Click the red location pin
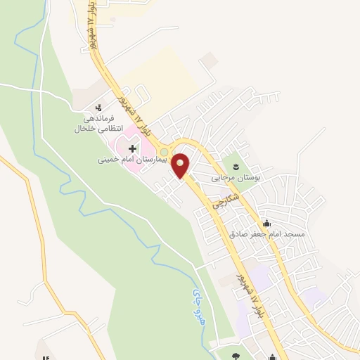(181, 165)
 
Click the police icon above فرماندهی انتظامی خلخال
(98, 109)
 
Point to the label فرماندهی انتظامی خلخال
(98, 124)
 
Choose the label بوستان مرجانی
(237, 179)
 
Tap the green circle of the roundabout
(165, 152)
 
